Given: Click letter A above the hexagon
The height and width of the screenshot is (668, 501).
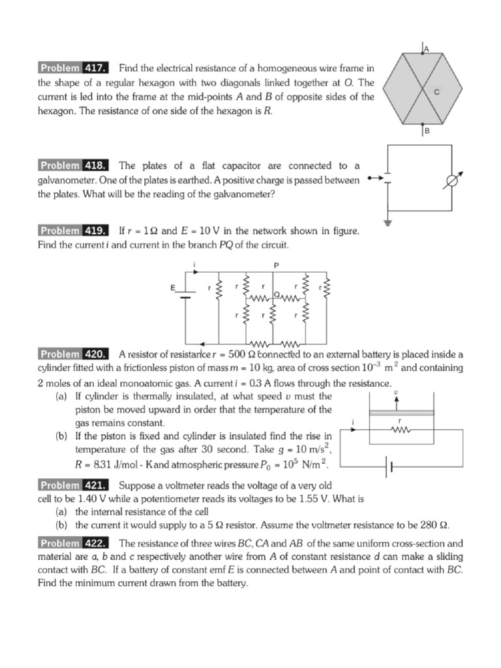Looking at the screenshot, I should coord(427,48).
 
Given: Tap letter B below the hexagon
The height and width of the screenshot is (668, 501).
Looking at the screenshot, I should coord(427,131).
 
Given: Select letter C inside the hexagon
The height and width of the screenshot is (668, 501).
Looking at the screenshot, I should coord(437,93).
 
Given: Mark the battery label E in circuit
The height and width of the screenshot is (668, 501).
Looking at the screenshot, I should coord(173,287).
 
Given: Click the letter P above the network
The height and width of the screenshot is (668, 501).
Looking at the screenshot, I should coord(276,265).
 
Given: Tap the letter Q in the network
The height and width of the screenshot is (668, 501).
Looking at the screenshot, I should coord(277,294).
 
